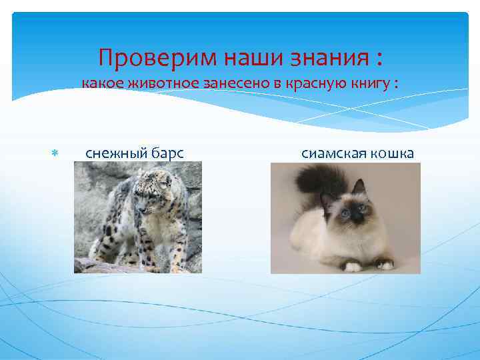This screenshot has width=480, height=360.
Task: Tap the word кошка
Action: tap(392, 154)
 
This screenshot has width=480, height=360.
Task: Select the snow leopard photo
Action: tap(137, 217)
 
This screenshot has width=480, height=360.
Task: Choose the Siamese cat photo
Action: tap(345, 217)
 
